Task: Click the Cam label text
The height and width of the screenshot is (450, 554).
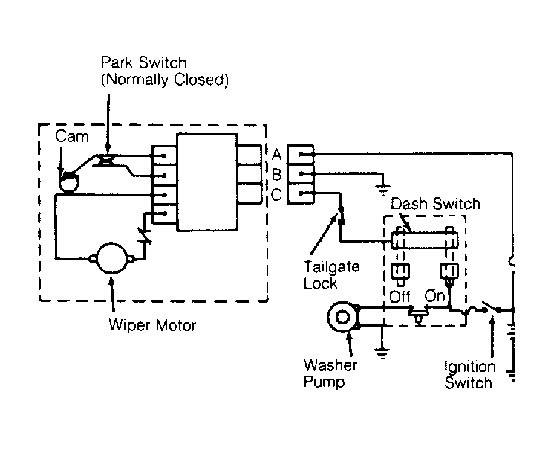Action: tap(72, 137)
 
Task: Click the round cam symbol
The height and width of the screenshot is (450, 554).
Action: tap(69, 181)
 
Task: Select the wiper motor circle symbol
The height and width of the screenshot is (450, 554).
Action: tap(111, 259)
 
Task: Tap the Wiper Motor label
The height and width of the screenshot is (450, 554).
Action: tap(152, 325)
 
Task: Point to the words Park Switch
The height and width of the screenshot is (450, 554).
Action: tap(144, 62)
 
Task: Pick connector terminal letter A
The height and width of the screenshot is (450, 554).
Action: tap(276, 155)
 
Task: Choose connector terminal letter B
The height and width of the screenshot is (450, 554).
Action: tap(276, 174)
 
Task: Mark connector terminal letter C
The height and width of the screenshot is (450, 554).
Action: tap(276, 195)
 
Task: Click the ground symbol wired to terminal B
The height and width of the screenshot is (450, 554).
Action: tap(383, 190)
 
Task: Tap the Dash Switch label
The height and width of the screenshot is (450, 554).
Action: tap(436, 204)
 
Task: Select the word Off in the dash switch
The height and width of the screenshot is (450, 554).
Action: tap(400, 297)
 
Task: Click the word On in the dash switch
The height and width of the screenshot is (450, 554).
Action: tap(434, 296)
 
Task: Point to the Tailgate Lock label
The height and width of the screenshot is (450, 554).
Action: tap(331, 275)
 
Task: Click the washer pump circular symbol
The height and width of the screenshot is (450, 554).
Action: tap(342, 317)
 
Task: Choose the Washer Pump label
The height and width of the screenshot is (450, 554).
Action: tap(330, 373)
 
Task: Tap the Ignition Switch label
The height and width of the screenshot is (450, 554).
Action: tap(469, 375)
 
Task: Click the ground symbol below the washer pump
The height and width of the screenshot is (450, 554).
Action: tap(382, 353)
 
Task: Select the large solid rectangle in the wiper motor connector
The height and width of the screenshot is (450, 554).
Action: tap(207, 182)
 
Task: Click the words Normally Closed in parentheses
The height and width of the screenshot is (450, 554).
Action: tap(165, 80)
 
